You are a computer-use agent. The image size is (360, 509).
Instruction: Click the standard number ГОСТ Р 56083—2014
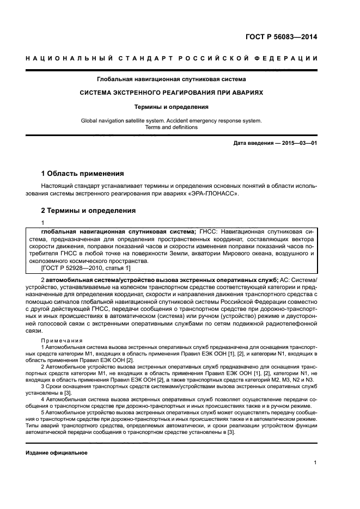point(281,38)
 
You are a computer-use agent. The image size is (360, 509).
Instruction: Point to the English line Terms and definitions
point(172,127)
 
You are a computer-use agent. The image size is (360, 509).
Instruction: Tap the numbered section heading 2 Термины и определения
point(89,211)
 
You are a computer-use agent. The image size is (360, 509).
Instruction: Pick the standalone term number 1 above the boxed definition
point(43,223)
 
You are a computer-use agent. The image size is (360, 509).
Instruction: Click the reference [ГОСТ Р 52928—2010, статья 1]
point(86,268)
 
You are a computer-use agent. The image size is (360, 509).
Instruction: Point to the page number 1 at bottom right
point(315,463)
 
